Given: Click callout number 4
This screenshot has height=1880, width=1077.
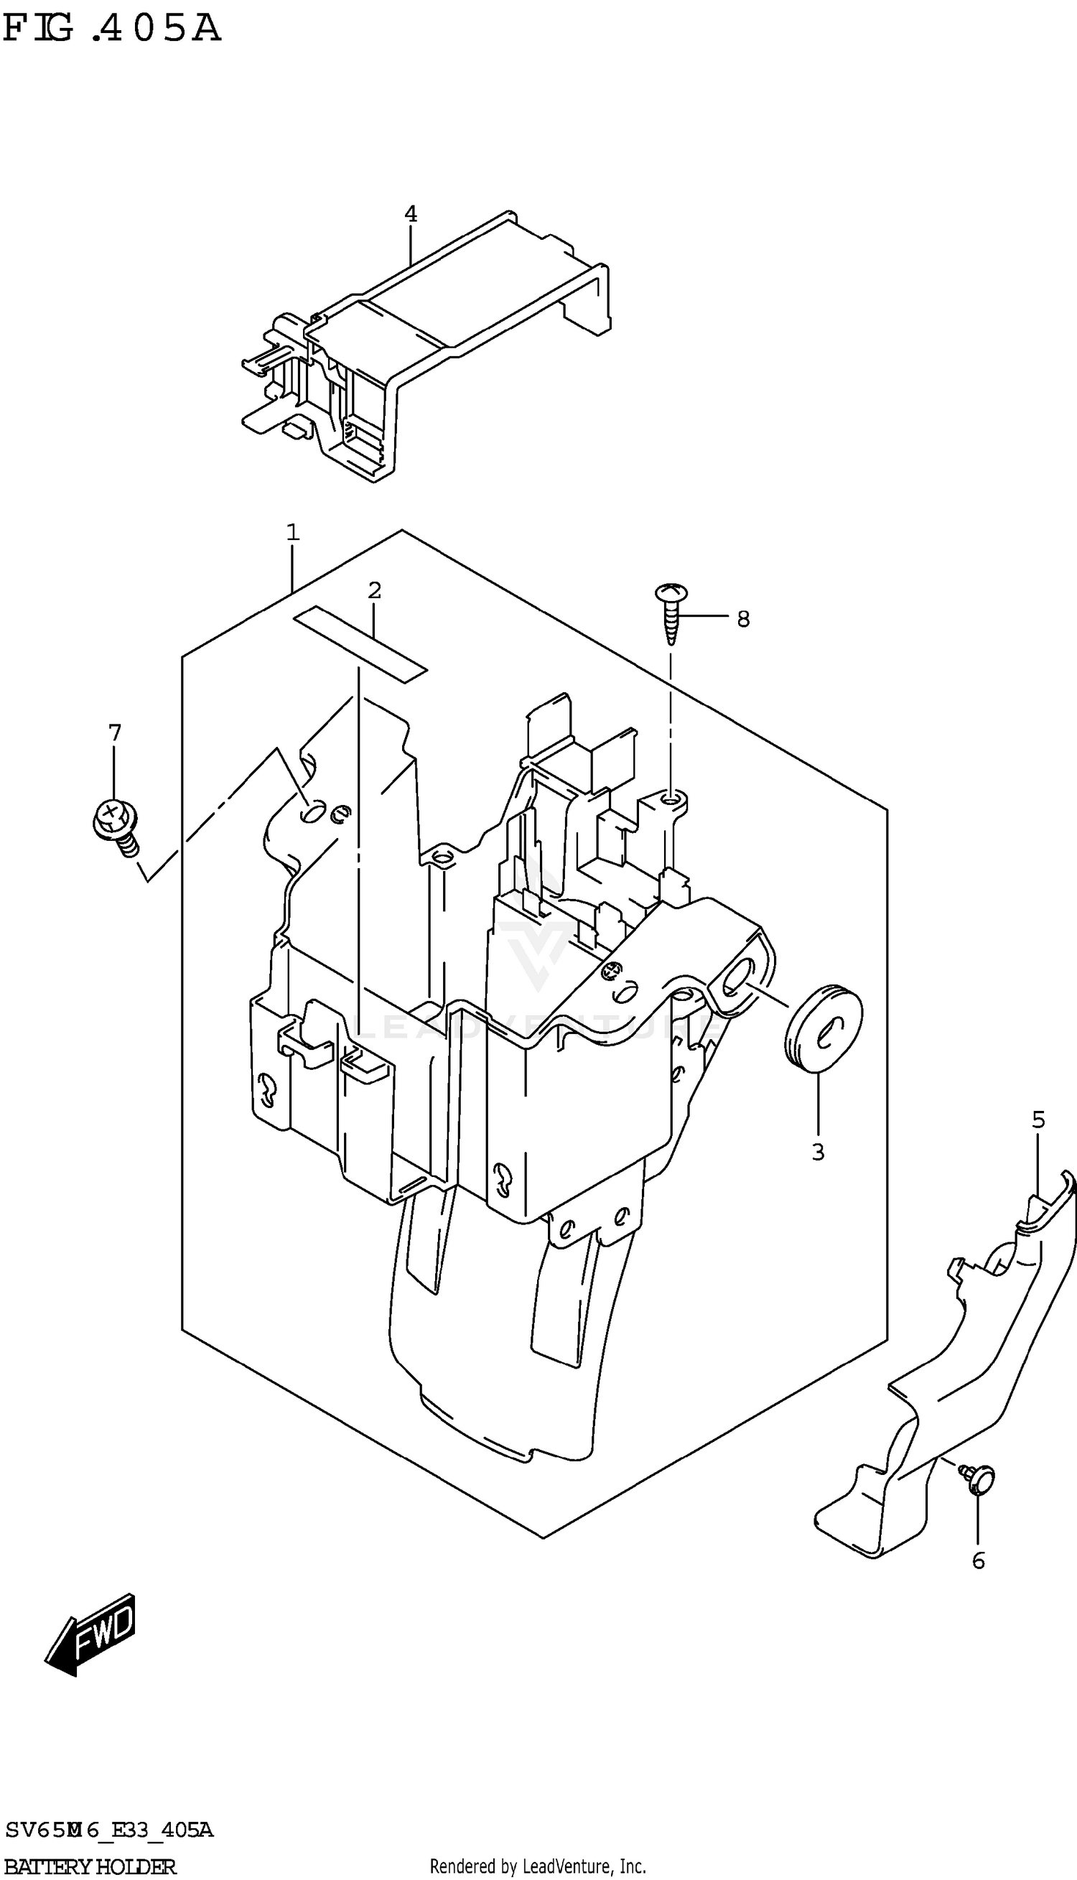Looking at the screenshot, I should [x=411, y=215].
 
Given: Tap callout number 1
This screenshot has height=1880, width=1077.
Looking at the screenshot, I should [x=293, y=533].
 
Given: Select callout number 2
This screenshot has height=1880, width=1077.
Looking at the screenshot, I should [x=374, y=591].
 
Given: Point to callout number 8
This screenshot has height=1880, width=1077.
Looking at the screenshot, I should [x=742, y=619].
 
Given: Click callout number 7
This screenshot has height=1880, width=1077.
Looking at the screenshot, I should [x=114, y=733].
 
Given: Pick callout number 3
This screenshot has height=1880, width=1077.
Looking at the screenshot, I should [x=817, y=1153].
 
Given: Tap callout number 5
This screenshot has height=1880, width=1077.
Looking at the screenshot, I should [x=1038, y=1120].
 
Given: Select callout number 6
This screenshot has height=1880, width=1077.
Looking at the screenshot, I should [x=978, y=1561].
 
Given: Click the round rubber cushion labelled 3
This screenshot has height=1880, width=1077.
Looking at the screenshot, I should [x=823, y=1028].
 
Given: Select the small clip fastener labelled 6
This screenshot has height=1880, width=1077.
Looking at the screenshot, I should [x=979, y=1480].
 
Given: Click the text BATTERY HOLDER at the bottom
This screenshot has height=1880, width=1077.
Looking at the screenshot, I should [x=90, y=1866].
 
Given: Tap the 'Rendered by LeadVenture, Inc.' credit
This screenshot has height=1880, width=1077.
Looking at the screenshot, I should [x=538, y=1866].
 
